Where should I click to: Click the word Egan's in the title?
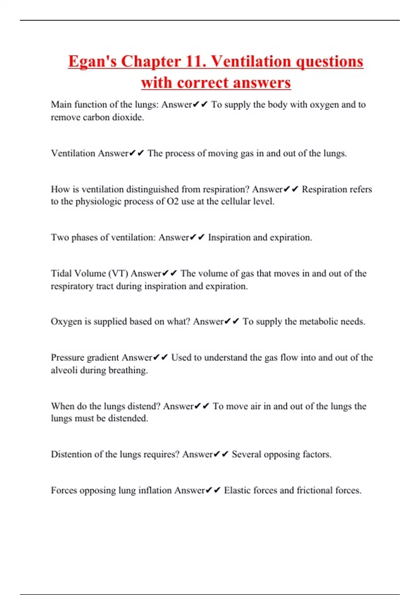pyautogui.click(x=92, y=62)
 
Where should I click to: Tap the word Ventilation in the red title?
pyautogui.click(x=252, y=62)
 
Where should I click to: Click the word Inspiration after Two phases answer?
pyautogui.click(x=229, y=238)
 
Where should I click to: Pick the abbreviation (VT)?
pyautogui.click(x=118, y=273)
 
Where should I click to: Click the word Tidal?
pyautogui.click(x=61, y=273)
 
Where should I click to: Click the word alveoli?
pyautogui.click(x=64, y=370)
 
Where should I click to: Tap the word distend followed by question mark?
pyautogui.click(x=143, y=406)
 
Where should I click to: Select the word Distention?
pyautogui.click(x=72, y=454)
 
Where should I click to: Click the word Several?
pyautogui.click(x=246, y=454)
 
